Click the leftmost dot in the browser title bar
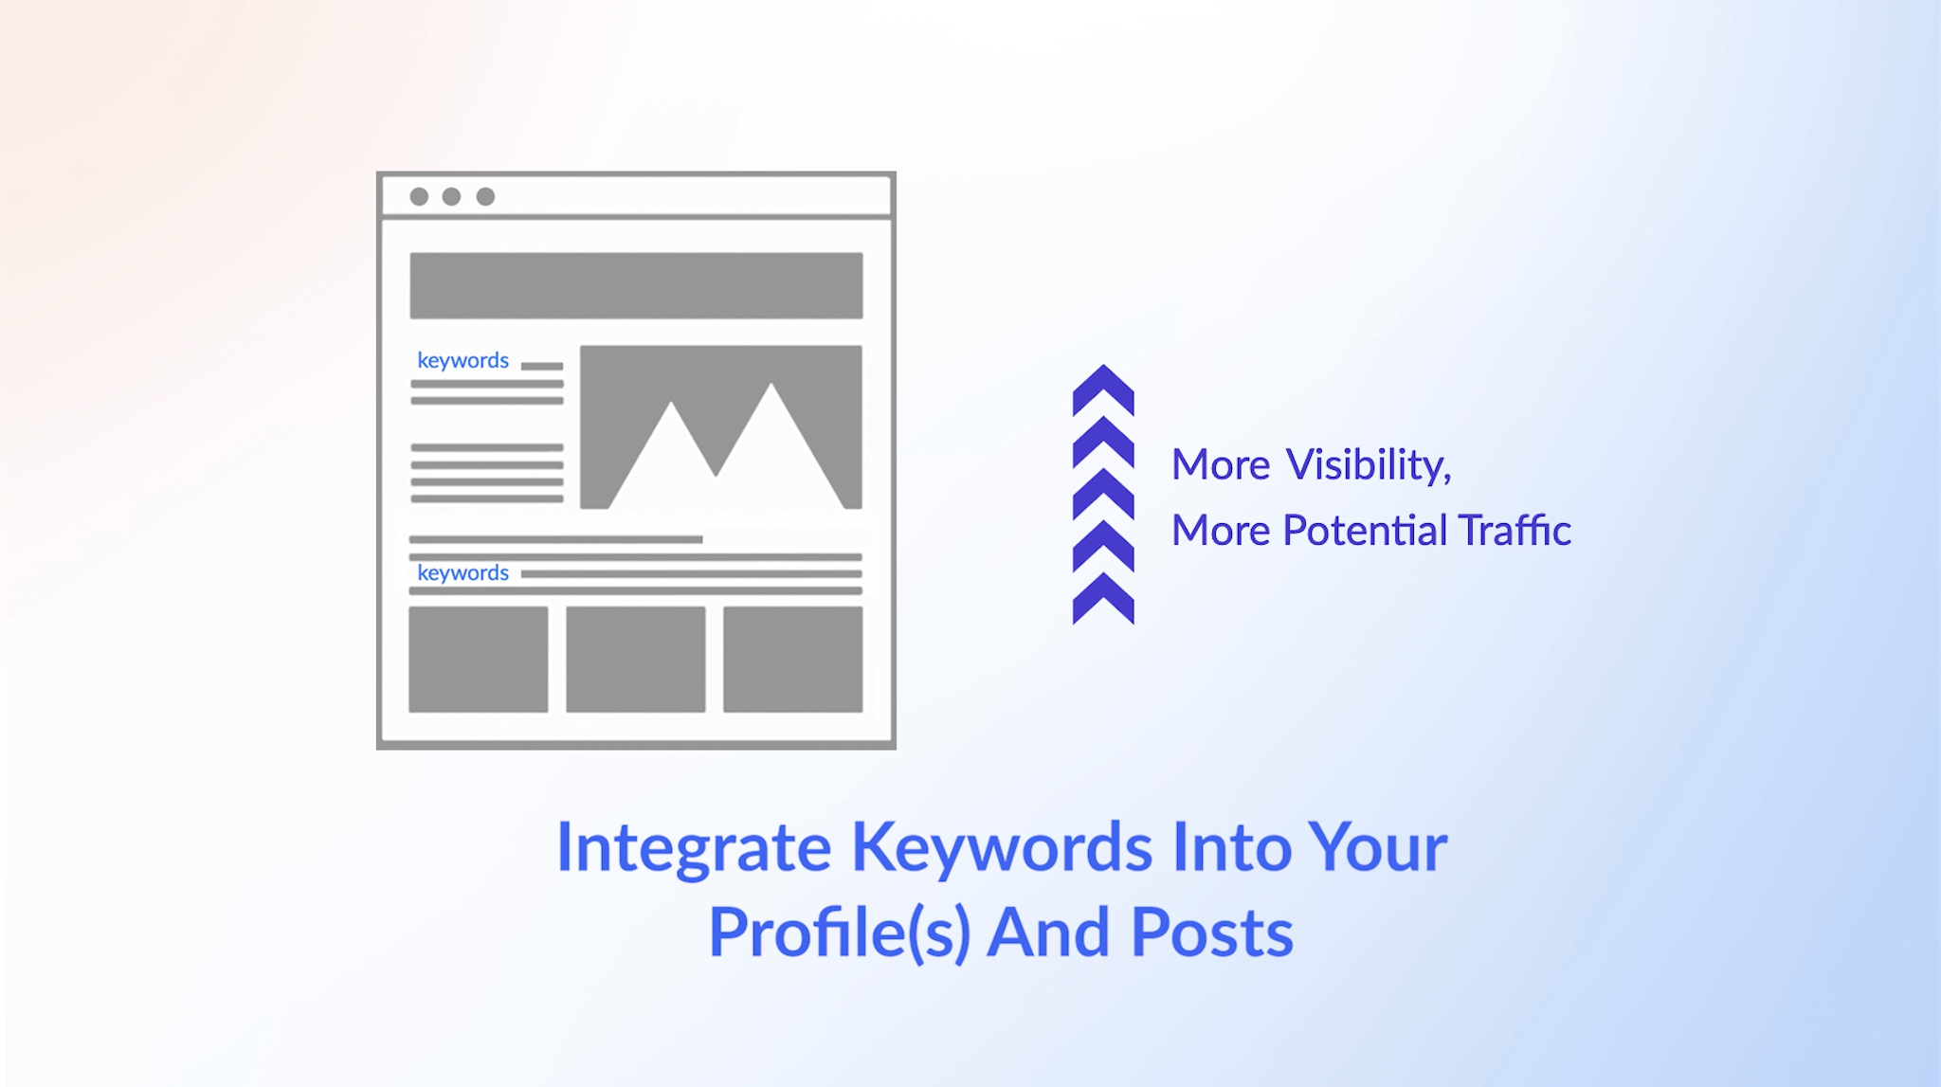(419, 196)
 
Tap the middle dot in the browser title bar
(452, 196)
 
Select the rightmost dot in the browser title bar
(485, 196)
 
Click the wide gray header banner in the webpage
(636, 285)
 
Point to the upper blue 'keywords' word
(463, 361)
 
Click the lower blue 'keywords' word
(463, 573)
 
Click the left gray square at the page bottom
(479, 660)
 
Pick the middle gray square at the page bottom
(636, 660)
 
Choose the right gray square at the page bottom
(793, 660)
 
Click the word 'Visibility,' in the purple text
(1369, 465)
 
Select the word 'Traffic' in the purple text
(1515, 530)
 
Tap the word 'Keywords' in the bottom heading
(1002, 846)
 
